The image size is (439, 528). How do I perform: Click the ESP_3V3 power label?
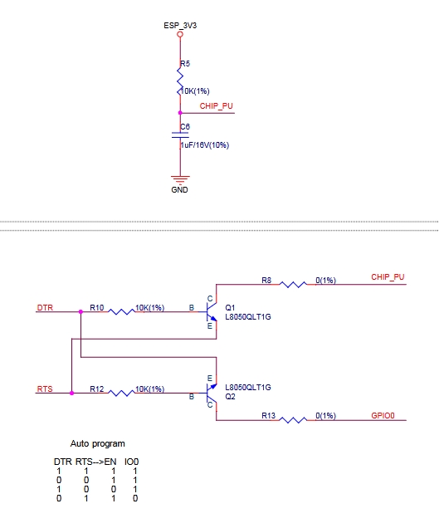click(x=180, y=26)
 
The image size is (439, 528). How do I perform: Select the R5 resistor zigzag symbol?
click(x=180, y=81)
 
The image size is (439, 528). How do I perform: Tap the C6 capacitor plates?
click(x=180, y=135)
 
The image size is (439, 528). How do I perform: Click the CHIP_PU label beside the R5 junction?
click(x=216, y=106)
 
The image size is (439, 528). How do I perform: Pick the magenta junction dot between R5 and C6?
click(x=180, y=113)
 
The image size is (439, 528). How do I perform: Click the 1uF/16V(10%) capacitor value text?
click(x=205, y=145)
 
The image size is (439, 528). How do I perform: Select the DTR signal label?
click(x=45, y=308)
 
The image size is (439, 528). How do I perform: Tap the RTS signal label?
click(x=45, y=389)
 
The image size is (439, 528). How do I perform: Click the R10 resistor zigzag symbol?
click(x=121, y=312)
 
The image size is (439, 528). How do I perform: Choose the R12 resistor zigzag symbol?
click(x=121, y=393)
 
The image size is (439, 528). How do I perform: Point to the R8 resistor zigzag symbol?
click(x=293, y=285)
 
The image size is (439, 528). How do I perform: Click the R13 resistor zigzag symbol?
click(x=293, y=420)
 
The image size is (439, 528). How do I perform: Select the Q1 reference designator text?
click(x=230, y=307)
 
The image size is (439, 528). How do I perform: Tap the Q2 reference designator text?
click(x=230, y=397)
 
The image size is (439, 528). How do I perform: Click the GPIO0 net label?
click(x=383, y=416)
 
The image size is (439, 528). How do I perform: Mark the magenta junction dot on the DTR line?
click(x=80, y=312)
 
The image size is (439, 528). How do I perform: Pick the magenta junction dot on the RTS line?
click(x=71, y=393)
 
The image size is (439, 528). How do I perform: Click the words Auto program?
click(x=98, y=444)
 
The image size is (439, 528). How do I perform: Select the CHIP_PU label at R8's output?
click(x=388, y=277)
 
